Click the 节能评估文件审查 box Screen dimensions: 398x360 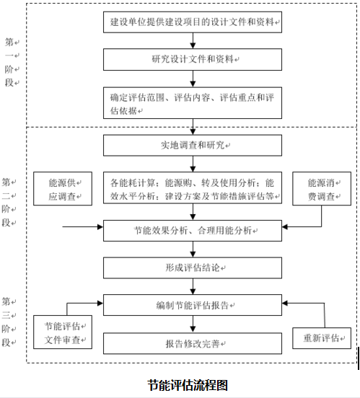61,331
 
